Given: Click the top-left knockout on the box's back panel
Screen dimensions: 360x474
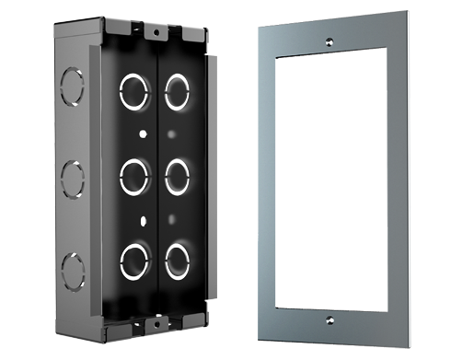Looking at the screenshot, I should [134, 90].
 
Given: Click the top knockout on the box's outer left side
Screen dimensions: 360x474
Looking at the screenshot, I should [70, 87].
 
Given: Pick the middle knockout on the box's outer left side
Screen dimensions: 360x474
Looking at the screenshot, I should [71, 175].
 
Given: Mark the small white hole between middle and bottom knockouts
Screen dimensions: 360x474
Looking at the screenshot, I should [142, 218].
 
